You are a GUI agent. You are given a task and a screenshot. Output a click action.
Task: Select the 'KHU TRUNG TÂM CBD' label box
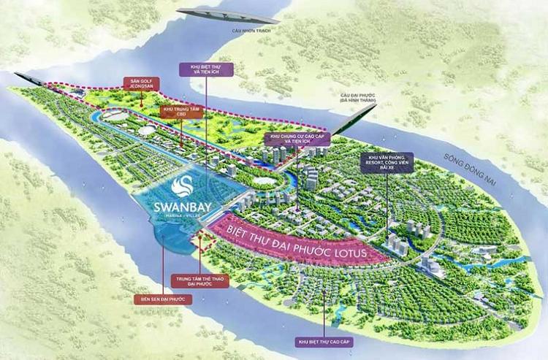coord(175,112)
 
